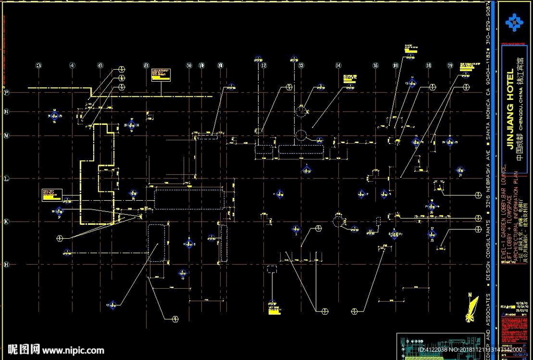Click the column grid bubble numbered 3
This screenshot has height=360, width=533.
[39, 66]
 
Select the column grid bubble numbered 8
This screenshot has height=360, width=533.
[146, 66]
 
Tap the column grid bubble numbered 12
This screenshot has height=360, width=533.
[264, 66]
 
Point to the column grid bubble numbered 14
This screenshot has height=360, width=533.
[338, 66]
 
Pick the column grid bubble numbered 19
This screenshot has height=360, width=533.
[450, 66]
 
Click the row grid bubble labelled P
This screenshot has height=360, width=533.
[7, 93]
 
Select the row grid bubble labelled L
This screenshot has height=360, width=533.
[7, 178]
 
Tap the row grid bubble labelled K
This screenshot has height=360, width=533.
[7, 222]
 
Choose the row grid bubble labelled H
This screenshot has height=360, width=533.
[7, 265]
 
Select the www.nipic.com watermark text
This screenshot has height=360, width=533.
[73, 350]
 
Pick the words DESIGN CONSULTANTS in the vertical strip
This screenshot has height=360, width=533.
[488, 252]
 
